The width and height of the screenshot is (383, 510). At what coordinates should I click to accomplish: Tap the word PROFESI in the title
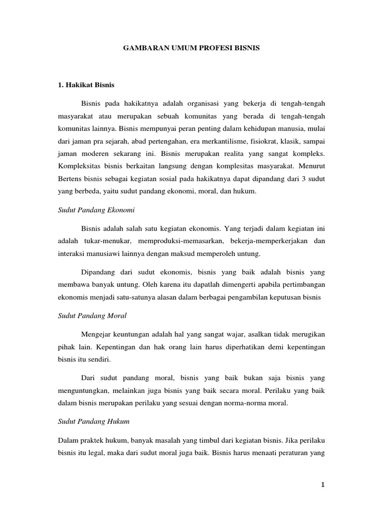point(212,50)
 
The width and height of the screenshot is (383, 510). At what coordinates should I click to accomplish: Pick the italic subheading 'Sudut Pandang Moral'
point(91,316)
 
